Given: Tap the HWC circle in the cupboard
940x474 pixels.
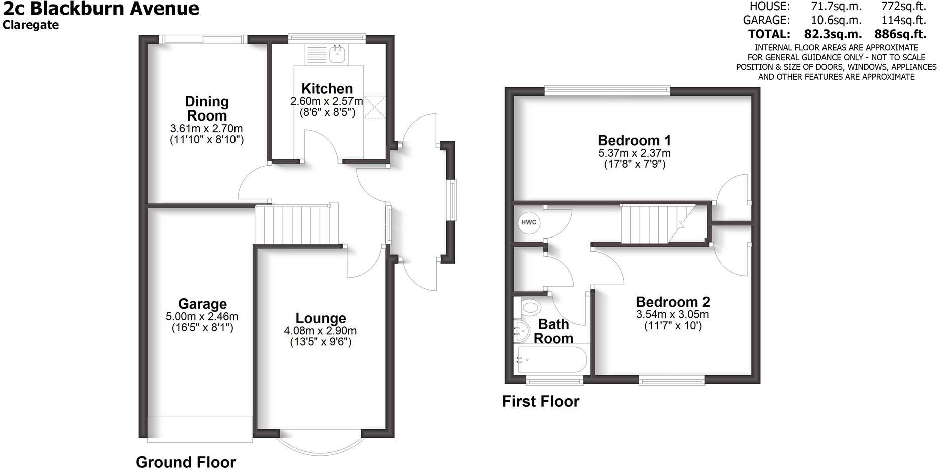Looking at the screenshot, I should (x=528, y=223).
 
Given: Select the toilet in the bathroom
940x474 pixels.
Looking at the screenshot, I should (x=529, y=306).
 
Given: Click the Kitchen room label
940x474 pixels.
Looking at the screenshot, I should (x=327, y=89).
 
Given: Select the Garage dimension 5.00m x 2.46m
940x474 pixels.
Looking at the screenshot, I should (x=202, y=317).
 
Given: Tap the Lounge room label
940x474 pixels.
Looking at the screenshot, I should (x=320, y=318).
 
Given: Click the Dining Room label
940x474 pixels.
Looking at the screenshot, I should (x=207, y=108).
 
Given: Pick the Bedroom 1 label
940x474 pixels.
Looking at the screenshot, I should (x=634, y=140).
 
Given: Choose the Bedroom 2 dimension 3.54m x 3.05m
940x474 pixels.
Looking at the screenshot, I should (x=672, y=315).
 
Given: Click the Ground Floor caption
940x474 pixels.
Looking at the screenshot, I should (x=186, y=462).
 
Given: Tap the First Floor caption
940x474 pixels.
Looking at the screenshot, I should (x=541, y=401).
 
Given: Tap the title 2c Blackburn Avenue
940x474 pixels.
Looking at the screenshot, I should (x=101, y=9).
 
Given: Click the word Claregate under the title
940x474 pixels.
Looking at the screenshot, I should (x=31, y=25).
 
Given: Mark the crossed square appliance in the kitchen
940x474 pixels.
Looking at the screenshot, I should (x=373, y=107).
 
